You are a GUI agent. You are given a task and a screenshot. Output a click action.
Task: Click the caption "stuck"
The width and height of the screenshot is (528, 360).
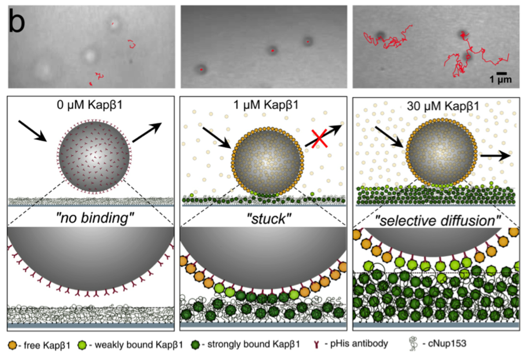264,218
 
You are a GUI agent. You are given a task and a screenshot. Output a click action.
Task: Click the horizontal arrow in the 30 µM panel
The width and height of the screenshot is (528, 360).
495,155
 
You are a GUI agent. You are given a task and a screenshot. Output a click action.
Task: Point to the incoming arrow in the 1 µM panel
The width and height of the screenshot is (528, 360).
215,138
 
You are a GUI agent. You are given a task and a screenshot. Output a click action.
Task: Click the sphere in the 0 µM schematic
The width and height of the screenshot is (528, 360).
94,157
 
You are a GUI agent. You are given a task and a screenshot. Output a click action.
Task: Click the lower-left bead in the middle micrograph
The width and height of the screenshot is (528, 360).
201,69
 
